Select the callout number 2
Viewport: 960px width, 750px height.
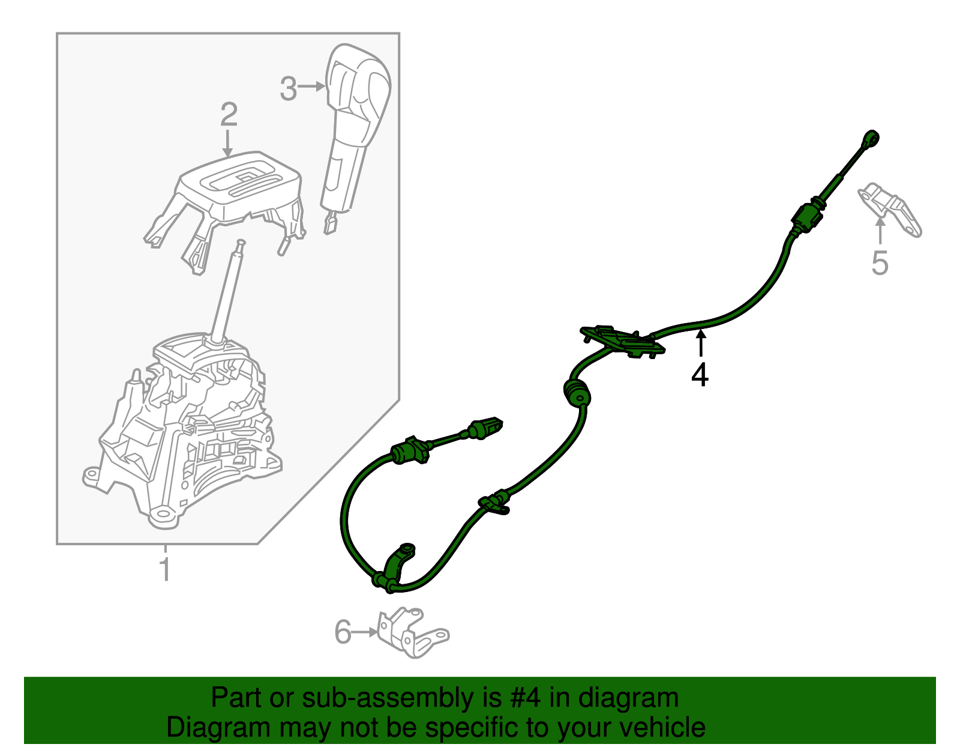click(229, 114)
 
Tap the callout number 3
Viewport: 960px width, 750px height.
click(289, 89)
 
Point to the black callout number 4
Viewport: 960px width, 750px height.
click(700, 375)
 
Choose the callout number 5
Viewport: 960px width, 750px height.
click(880, 263)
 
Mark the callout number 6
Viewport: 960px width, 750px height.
click(343, 632)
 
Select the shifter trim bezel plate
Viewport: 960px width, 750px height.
click(240, 186)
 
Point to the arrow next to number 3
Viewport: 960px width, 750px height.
click(312, 87)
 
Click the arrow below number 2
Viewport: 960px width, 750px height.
click(227, 144)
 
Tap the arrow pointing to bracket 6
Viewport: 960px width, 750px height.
click(365, 632)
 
